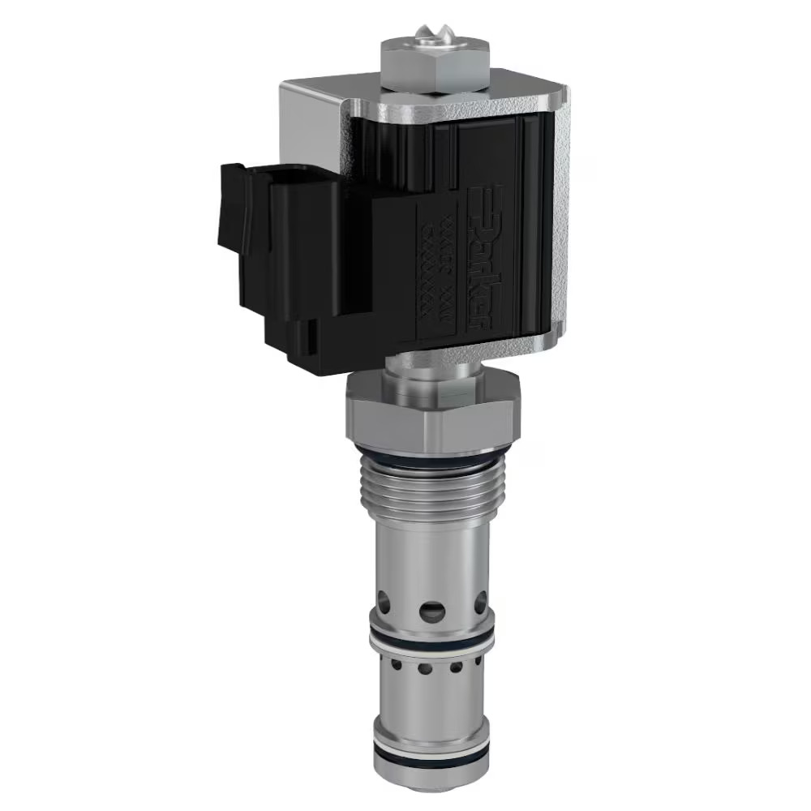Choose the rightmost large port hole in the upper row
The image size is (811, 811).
tap(480, 601)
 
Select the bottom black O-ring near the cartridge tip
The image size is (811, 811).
tap(431, 758)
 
